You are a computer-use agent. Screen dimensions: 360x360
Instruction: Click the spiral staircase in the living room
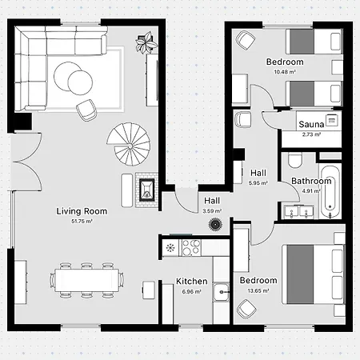(129, 144)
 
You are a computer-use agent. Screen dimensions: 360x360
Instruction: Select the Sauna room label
(311, 124)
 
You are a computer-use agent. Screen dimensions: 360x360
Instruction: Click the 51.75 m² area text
(82, 221)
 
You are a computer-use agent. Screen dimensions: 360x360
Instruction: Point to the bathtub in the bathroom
(330, 192)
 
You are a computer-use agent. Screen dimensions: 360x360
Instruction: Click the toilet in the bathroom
(294, 161)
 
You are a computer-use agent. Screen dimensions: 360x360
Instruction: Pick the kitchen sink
(221, 292)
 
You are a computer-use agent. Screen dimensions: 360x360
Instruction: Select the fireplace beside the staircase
(147, 190)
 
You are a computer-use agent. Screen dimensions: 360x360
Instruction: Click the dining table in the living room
(87, 280)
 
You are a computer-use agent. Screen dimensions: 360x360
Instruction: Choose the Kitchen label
(192, 282)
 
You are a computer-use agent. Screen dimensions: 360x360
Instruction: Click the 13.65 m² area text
(258, 290)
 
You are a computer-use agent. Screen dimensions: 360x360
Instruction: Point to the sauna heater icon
(332, 120)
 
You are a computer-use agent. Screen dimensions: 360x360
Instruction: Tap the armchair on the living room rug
(86, 110)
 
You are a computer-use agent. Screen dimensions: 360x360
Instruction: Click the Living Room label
(82, 211)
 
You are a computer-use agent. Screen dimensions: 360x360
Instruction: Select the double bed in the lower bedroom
(314, 274)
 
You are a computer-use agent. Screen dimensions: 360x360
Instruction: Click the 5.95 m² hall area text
(258, 183)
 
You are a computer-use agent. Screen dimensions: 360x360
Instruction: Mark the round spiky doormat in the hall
(215, 224)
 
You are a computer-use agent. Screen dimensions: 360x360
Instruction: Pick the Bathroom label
(311, 181)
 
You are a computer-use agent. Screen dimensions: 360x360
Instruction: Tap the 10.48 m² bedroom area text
(285, 72)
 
